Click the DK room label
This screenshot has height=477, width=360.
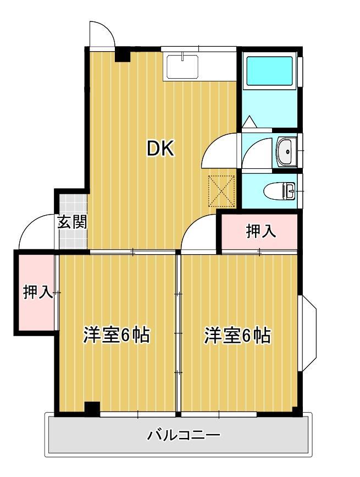point(160,149)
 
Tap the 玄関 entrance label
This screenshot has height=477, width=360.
point(72,222)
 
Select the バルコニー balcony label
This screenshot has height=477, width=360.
point(184,436)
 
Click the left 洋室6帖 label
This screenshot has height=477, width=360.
point(117,335)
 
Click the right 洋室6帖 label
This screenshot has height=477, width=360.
point(237,335)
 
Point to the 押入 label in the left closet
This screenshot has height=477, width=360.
point(37,292)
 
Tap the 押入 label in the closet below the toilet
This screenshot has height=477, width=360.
point(261,232)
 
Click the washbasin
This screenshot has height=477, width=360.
point(285,151)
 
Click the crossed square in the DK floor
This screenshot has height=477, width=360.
point(221,190)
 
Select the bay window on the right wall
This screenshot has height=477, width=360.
point(307,333)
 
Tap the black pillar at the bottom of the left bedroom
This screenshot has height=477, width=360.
point(92,408)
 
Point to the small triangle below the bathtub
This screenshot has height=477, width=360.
point(248,122)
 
